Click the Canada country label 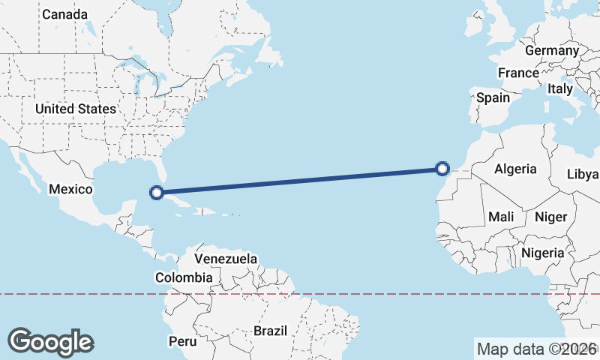pyautogui.click(x=64, y=14)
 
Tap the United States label pyautogui.click(x=76, y=109)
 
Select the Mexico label pyautogui.click(x=70, y=189)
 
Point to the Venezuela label pyautogui.click(x=226, y=259)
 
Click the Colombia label pyautogui.click(x=184, y=277)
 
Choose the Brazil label pyautogui.click(x=270, y=331)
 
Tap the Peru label pyautogui.click(x=181, y=341)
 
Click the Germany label pyautogui.click(x=552, y=50)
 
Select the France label pyautogui.click(x=518, y=73)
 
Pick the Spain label pyautogui.click(x=493, y=97)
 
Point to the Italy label pyautogui.click(x=560, y=88)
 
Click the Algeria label pyautogui.click(x=515, y=169)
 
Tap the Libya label pyautogui.click(x=583, y=174)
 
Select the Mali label pyautogui.click(x=501, y=217)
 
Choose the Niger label pyautogui.click(x=550, y=217)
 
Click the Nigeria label pyautogui.click(x=542, y=253)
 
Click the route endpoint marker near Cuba pyautogui.click(x=157, y=193)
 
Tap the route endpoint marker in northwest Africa pyautogui.click(x=442, y=169)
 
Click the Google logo pyautogui.click(x=50, y=342)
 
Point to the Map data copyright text pyautogui.click(x=537, y=349)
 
